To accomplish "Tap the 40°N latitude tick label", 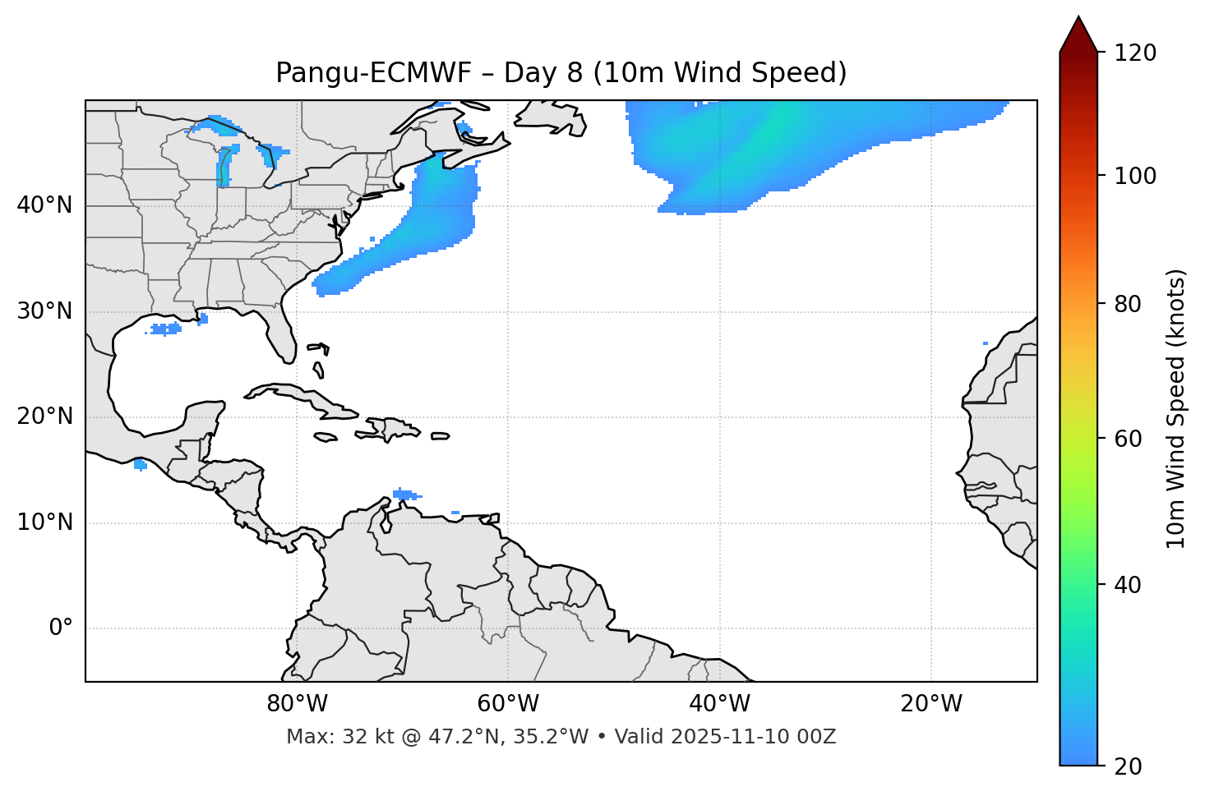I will coord(44,205).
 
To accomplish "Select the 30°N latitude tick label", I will coord(44,311).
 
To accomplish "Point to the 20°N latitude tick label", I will coord(44,416).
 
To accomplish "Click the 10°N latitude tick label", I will coord(44,522).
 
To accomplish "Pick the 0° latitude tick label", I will coord(61,628).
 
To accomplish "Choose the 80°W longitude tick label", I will coord(298,704).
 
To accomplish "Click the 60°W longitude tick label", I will coord(508,704).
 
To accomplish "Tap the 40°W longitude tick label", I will coord(719,704).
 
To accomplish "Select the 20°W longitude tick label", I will coord(930,704).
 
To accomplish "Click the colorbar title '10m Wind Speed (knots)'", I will coord(1176,409).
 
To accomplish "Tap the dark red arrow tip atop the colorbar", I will coord(1078,33).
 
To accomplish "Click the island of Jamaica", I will coord(326,437).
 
